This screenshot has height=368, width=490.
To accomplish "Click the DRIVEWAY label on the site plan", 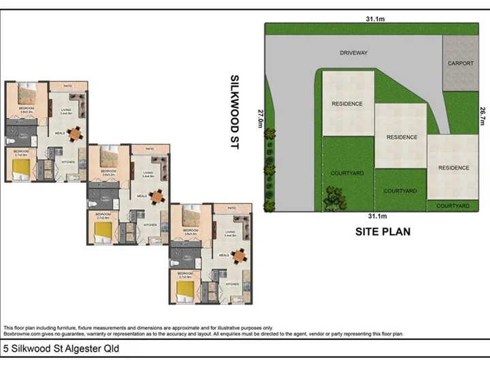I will (x=354, y=52).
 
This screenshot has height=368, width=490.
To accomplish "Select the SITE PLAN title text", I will (x=383, y=232).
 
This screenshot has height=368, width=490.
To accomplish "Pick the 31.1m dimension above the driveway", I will (x=374, y=19).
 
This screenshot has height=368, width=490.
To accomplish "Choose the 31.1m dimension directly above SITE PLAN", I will (x=374, y=217).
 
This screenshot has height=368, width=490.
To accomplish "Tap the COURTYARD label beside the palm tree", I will (x=347, y=173).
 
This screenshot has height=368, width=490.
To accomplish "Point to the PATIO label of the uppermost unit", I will (x=68, y=87).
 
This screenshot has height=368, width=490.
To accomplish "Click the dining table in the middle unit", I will (x=159, y=196).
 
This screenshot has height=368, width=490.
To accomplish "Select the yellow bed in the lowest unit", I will (x=185, y=290).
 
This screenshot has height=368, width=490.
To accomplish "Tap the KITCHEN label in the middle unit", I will (x=150, y=225).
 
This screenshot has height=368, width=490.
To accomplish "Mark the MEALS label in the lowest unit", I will (x=224, y=256).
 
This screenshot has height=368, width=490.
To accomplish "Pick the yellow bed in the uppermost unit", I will (x=22, y=166).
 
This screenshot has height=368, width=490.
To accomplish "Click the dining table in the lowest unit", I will (x=240, y=256).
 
